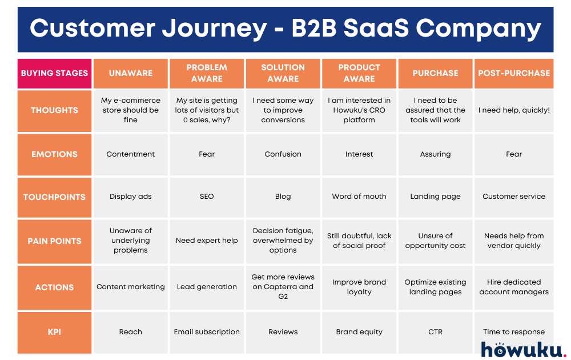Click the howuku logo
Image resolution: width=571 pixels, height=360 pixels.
coord(523,349)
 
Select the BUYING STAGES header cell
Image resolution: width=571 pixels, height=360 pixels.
coord(55,73)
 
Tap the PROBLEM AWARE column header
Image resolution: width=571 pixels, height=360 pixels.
coord(207,73)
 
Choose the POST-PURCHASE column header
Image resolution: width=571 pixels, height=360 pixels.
coord(514,73)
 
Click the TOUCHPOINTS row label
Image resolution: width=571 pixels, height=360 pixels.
coord(55,197)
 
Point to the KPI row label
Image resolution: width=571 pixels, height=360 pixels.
coord(55,332)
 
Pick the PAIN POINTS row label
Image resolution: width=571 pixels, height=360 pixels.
coord(55,241)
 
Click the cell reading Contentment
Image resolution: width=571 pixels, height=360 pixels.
coord(131,154)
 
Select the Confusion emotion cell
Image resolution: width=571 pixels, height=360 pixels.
coord(283,154)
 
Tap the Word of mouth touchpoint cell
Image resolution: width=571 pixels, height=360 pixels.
coord(359,197)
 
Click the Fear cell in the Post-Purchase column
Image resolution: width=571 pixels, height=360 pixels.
coord(514,154)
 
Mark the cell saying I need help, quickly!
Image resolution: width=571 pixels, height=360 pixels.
coord(514,110)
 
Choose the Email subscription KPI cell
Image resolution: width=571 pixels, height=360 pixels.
coord(207,332)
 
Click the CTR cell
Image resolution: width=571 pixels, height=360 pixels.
coord(435,332)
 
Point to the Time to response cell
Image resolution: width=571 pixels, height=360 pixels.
coord(514,332)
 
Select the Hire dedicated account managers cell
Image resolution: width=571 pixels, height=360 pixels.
coord(514,287)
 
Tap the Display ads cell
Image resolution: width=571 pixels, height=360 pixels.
coord(131,197)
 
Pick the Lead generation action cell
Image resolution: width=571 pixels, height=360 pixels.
coord(207,287)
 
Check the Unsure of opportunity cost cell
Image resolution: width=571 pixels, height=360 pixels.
coord(435,241)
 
